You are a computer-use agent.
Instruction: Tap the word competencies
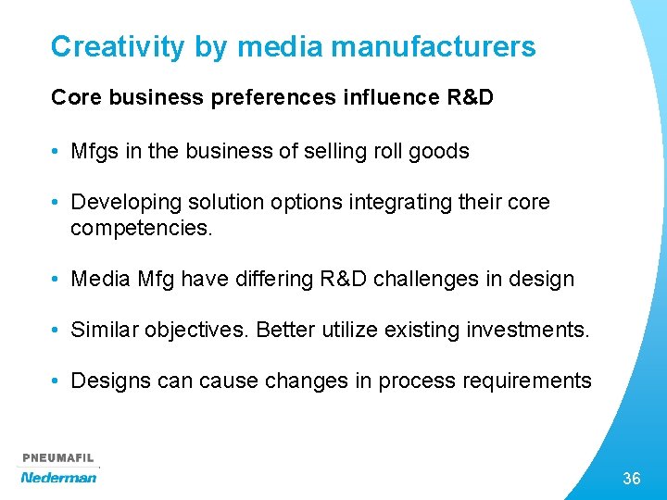click(x=141, y=227)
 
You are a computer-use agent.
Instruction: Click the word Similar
click(x=101, y=329)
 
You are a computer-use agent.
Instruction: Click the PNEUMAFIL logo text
click(x=58, y=458)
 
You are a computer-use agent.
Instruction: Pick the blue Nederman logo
click(x=58, y=477)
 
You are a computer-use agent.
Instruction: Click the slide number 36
click(x=631, y=479)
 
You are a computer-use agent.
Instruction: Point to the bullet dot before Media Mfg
click(x=57, y=279)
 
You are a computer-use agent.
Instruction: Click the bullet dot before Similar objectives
click(x=57, y=330)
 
